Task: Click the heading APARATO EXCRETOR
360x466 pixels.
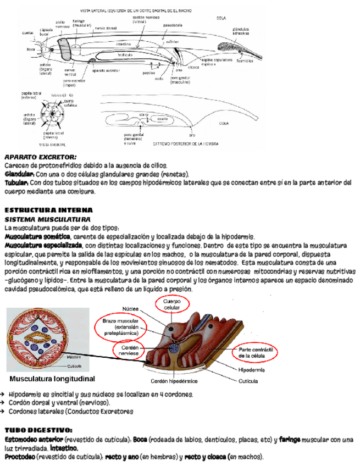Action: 41,158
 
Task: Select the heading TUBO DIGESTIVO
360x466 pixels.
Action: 38,430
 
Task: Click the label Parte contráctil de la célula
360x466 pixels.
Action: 257,353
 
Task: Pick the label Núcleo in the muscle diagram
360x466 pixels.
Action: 129,309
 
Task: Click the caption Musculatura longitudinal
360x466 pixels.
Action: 52,379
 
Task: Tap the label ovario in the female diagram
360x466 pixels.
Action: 163,118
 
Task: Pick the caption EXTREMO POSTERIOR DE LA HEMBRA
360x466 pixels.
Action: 186,144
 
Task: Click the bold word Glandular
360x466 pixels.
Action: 20,174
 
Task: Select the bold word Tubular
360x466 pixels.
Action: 17,182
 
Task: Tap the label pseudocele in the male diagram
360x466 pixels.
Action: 173,25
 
